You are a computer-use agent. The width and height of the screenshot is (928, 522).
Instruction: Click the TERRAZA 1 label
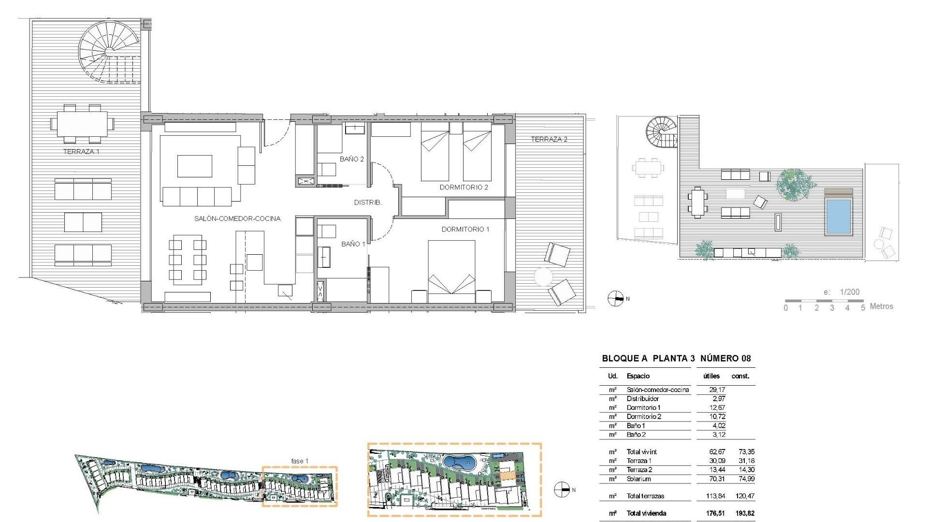81,152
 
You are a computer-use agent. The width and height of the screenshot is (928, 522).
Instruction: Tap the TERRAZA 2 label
549,139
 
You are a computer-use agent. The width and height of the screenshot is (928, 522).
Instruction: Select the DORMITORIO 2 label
464,188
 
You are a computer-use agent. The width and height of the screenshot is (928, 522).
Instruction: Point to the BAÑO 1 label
353,244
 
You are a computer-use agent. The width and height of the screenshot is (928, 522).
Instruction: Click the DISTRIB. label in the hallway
368,203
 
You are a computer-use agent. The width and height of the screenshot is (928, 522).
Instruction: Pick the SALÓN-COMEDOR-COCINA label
237,218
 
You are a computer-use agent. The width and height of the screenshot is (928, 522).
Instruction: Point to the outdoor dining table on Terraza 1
82,124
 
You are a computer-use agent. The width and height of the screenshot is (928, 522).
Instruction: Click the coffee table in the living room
194,166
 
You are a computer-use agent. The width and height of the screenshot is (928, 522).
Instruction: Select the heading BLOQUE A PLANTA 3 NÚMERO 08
676,359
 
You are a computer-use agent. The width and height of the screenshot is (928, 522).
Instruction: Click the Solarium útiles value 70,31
717,479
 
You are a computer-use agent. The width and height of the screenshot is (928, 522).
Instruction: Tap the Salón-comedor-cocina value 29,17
717,390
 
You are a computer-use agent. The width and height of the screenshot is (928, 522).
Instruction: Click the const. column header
740,376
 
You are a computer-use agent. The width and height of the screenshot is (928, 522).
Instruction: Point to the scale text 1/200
849,292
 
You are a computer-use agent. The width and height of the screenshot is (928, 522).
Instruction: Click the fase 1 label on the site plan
299,461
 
